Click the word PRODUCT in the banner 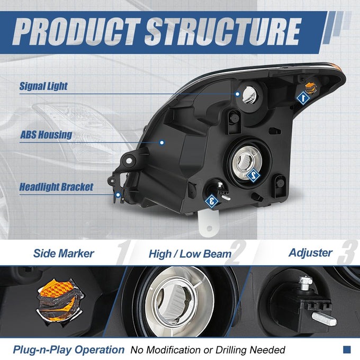click(76, 32)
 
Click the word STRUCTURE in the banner click(223, 32)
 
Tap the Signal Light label click(43, 86)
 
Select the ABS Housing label click(46, 134)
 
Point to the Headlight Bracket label click(56, 187)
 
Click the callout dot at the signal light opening click(238, 94)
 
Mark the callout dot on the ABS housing click(162, 142)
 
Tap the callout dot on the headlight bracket click(118, 195)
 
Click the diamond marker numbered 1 click(303, 98)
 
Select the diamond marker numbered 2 click(253, 176)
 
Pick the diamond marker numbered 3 click(211, 201)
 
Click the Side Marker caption click(64, 254)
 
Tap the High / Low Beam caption click(190, 254)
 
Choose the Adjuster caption click(310, 253)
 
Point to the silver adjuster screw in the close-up click(324, 319)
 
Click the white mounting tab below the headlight click(208, 224)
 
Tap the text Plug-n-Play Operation click(69, 350)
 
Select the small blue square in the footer click(347, 349)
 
